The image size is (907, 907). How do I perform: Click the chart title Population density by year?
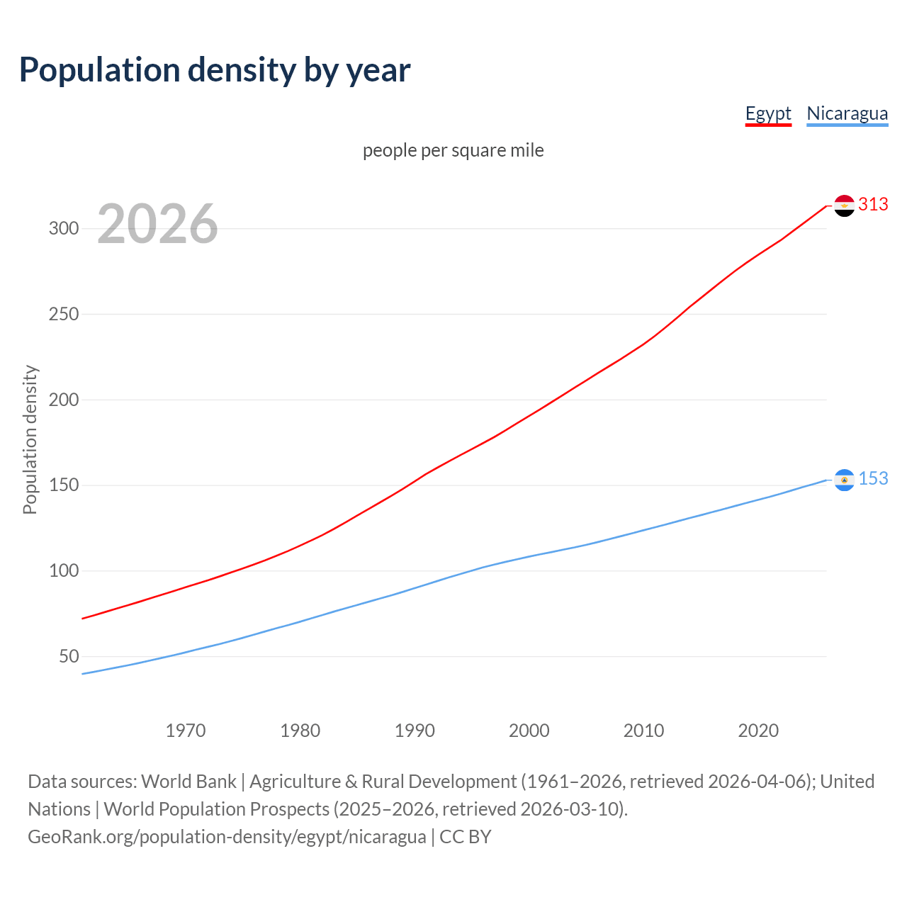click(x=215, y=70)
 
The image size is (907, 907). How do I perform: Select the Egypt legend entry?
click(x=768, y=113)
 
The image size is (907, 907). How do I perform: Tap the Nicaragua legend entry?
click(x=847, y=113)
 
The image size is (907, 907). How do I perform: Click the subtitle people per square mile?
click(x=453, y=150)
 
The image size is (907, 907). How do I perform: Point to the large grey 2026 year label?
click(x=157, y=225)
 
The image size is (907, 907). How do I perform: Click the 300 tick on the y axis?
click(x=63, y=228)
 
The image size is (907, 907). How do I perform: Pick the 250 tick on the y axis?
click(x=63, y=314)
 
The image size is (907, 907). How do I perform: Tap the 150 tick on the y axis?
click(x=63, y=485)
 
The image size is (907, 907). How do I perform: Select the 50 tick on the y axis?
click(x=69, y=656)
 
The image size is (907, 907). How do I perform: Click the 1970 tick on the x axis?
click(x=186, y=731)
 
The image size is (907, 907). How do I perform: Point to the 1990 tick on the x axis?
click(x=415, y=731)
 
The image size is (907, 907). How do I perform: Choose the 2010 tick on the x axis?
click(x=643, y=731)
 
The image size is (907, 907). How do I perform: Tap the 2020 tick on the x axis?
click(x=758, y=731)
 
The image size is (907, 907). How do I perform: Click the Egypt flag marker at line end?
click(x=844, y=205)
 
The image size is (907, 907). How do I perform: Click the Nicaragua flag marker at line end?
click(x=844, y=480)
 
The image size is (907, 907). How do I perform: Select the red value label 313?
click(x=873, y=205)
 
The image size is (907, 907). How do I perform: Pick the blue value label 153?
click(x=873, y=479)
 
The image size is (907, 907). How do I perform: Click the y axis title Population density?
click(x=30, y=439)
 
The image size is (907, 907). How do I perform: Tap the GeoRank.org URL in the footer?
click(x=227, y=837)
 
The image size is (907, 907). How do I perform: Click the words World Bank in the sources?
click(x=188, y=782)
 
